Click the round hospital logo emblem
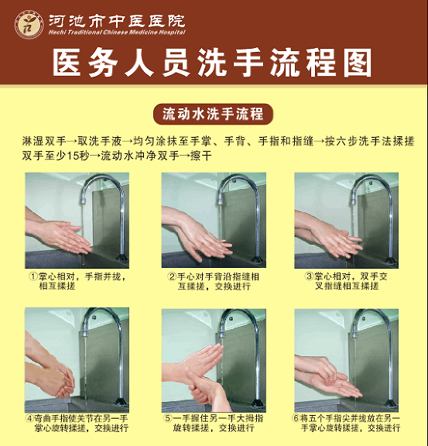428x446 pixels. tap(29, 25)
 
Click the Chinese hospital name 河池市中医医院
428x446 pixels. tap(117, 20)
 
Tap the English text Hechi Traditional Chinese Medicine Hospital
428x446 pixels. tap(117, 33)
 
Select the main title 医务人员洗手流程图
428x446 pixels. tap(212, 63)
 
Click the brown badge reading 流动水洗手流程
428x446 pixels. tap(213, 114)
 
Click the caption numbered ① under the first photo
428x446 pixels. tap(77, 281)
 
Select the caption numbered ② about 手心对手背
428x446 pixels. tap(214, 281)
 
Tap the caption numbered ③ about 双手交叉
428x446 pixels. tap(346, 281)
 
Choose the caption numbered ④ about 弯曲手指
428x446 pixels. tap(77, 423)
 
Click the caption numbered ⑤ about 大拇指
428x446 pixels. tap(214, 423)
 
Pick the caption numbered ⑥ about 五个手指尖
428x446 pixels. tap(346, 423)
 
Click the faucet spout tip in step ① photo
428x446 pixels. tap(83, 201)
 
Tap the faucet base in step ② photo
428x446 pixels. tap(257, 259)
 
